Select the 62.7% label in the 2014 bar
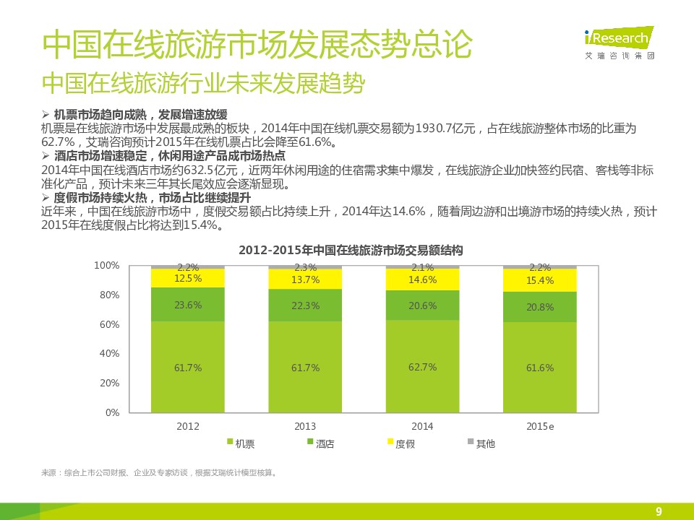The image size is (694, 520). point(422,367)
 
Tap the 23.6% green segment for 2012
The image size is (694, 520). point(188,305)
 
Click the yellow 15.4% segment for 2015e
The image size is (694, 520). point(540,280)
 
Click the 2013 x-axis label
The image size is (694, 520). point(305,427)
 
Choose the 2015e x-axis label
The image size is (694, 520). point(540,427)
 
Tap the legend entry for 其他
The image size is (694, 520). point(481,443)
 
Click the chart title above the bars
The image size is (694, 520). point(351,251)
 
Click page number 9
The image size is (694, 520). point(659,511)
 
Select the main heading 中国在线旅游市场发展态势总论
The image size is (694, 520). point(257,45)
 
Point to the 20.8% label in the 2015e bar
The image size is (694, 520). point(540,307)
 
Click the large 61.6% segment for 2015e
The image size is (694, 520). point(540,368)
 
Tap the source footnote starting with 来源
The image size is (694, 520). point(160,473)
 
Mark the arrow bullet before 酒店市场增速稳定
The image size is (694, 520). point(46,155)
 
